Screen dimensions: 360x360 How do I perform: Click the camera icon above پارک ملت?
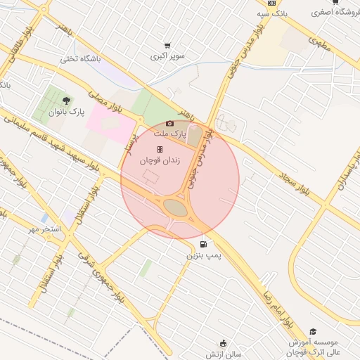[x=169, y=124]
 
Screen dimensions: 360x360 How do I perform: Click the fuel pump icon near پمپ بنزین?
[x=203, y=245]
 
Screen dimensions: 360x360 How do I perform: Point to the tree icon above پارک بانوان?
[x=66, y=101]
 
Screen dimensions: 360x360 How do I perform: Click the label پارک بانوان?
[x=66, y=112]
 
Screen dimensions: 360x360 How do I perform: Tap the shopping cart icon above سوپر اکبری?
[x=167, y=46]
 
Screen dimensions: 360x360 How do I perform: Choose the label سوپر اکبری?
[x=167, y=56]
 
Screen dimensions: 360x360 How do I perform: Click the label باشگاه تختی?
[x=80, y=59]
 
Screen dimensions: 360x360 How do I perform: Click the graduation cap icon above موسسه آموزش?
[x=313, y=331]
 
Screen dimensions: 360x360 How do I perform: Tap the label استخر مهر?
[x=44, y=229]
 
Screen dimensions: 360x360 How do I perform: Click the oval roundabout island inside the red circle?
[x=176, y=208]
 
